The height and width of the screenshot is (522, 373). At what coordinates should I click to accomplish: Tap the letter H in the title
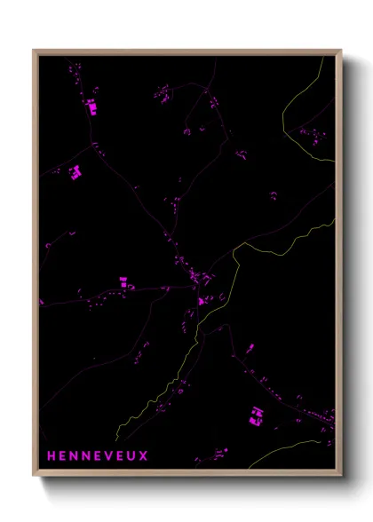coord(51,456)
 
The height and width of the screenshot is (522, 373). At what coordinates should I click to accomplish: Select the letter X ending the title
coord(144,456)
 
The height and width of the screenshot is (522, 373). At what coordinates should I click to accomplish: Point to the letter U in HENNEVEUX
coord(132,456)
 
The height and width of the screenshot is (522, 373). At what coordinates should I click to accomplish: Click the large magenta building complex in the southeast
coord(256,414)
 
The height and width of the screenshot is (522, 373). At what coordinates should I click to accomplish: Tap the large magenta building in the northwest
coord(91,107)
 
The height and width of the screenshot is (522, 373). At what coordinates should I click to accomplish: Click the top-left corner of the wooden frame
coord(35,51)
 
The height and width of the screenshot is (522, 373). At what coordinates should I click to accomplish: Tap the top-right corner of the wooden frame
coord(340,51)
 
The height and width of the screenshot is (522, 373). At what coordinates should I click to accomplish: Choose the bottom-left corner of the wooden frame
coord(35,475)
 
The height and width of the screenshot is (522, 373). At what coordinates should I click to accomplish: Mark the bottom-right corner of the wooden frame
coord(340,475)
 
